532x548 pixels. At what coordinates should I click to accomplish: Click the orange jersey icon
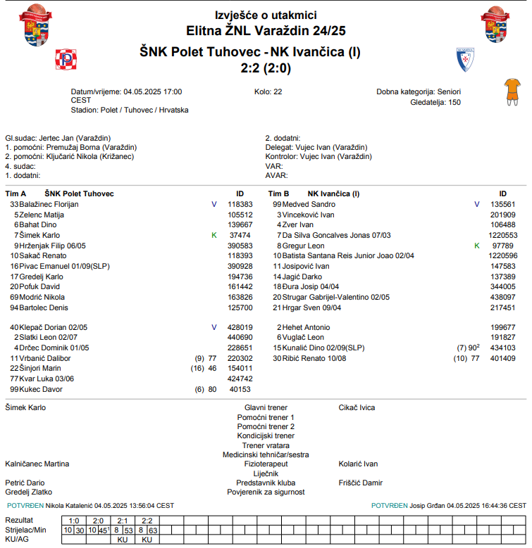pyautogui.click(x=511, y=91)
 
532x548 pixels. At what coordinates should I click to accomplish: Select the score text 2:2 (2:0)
pyautogui.click(x=266, y=68)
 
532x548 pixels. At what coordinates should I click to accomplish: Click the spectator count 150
pyautogui.click(x=454, y=102)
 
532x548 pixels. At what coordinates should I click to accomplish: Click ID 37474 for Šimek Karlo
pyautogui.click(x=240, y=235)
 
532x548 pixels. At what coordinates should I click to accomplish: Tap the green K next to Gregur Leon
pyautogui.click(x=477, y=246)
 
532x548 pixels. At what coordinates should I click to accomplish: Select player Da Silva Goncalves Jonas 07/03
pyautogui.click(x=336, y=235)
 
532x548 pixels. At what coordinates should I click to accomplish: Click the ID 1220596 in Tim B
pyautogui.click(x=503, y=256)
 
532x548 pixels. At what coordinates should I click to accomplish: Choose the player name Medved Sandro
pyautogui.click(x=309, y=204)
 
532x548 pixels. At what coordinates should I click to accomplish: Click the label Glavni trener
pyautogui.click(x=266, y=407)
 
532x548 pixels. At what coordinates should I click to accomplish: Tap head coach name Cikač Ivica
pyautogui.click(x=357, y=407)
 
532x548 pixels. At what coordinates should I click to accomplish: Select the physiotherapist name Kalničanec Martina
pyautogui.click(x=37, y=464)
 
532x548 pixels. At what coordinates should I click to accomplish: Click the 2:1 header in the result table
pyautogui.click(x=122, y=520)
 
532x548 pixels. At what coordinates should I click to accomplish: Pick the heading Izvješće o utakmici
pyautogui.click(x=266, y=15)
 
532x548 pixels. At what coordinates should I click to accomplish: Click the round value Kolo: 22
pyautogui.click(x=268, y=92)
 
